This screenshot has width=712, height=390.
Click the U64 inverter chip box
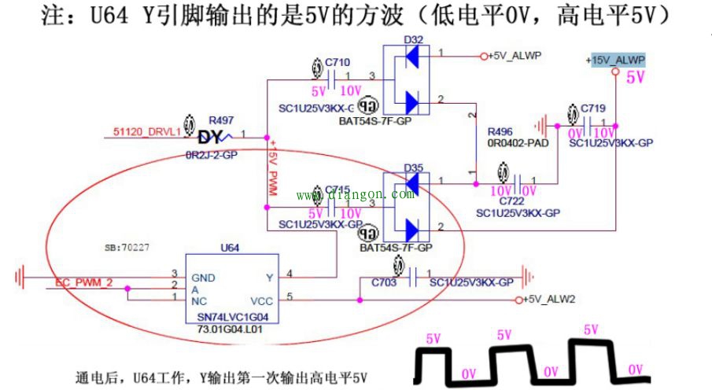232,288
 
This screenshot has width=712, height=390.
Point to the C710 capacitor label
337,62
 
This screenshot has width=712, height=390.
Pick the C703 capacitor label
385,281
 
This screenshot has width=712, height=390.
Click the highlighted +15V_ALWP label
615,61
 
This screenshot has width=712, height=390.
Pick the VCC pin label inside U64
261,300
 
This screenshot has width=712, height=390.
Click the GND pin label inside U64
203,278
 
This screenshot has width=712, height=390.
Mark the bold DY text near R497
211,138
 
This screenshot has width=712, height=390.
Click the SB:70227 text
127,247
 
